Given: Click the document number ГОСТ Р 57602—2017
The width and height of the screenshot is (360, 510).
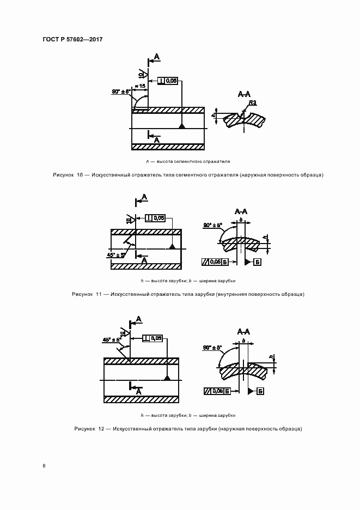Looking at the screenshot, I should tap(72, 40).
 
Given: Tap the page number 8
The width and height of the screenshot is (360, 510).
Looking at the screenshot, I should tap(44, 465).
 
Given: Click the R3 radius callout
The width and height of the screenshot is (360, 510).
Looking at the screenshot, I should tap(252, 103).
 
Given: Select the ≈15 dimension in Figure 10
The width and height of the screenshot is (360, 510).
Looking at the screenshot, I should tap(140, 86).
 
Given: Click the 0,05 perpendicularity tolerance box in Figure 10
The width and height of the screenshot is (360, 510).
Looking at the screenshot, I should tap(167, 81).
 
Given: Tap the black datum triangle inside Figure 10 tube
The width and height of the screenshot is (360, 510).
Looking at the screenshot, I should tap(182, 126).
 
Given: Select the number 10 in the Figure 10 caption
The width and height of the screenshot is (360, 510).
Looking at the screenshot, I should tap(80, 175).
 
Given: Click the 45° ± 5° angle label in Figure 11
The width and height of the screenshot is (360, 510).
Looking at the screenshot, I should tap(117, 254).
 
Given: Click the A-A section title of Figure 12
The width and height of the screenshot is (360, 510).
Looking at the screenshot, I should tap(243, 331).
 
